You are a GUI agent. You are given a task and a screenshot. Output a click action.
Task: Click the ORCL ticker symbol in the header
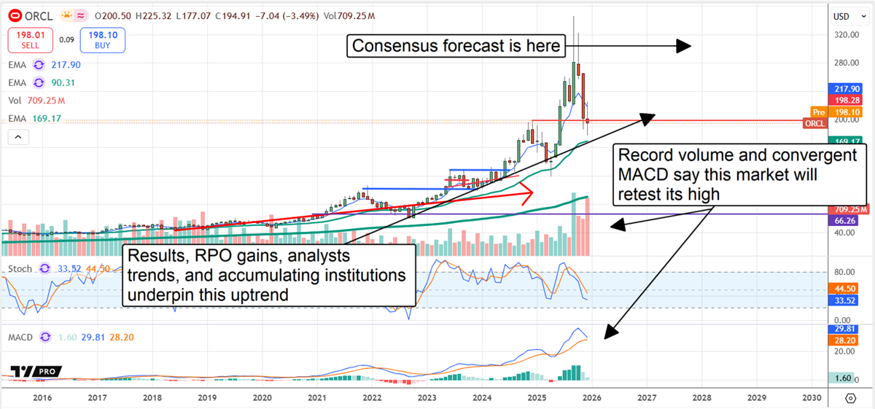[36, 15]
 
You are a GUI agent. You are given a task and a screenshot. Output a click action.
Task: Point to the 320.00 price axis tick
[846, 34]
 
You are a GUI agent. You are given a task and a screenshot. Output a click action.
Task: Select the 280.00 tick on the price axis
[846, 63]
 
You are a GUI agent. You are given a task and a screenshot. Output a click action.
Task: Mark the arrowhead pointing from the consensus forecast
[682, 47]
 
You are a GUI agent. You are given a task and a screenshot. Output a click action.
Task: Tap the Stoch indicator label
[20, 268]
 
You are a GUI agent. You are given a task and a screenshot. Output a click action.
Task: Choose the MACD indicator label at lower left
[23, 337]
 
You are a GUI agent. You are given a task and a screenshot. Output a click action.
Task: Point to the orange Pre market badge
[818, 112]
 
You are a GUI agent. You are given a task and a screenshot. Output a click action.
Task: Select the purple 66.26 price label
[845, 219]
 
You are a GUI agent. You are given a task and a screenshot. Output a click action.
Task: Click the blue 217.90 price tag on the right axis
[846, 88]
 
